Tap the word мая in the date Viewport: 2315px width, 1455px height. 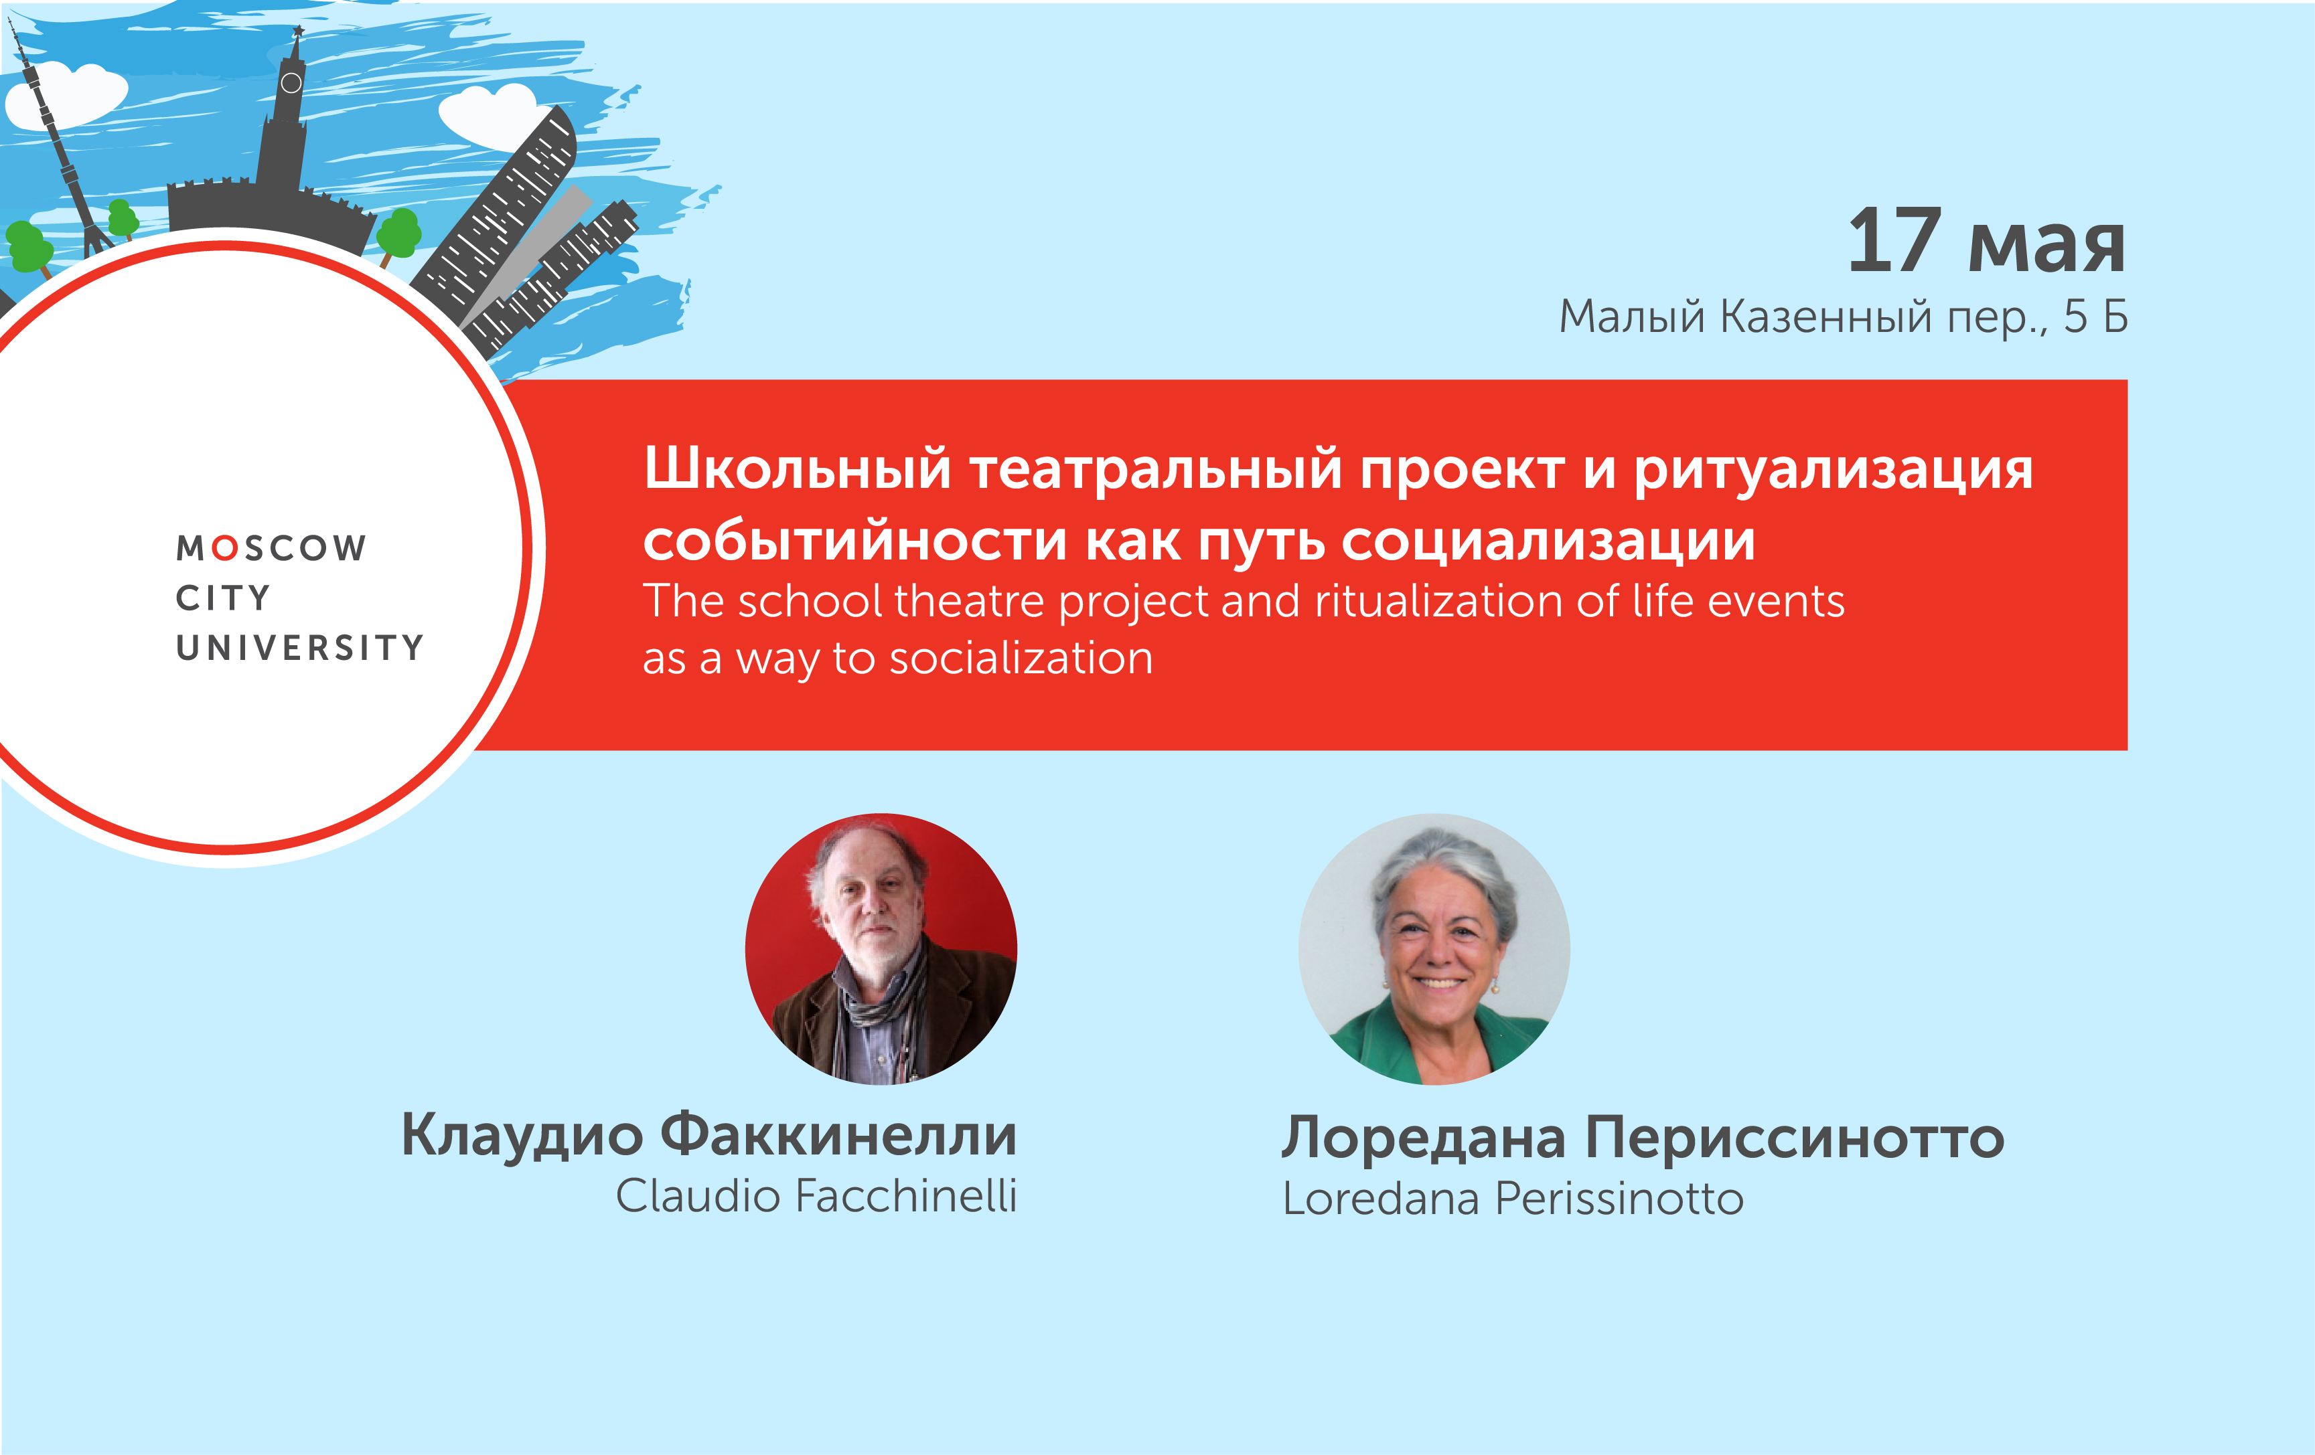[2046, 247]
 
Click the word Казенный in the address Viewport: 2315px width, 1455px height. [1825, 317]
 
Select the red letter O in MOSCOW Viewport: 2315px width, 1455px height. [225, 547]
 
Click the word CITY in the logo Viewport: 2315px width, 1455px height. [223, 598]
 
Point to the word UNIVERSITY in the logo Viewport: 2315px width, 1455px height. [299, 648]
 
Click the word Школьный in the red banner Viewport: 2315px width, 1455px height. [797, 470]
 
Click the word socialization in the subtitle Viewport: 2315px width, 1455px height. [1021, 659]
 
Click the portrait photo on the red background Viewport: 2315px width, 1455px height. [881, 950]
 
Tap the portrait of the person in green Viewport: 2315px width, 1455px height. [1434, 950]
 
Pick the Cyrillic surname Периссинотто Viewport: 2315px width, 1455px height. [1795, 1138]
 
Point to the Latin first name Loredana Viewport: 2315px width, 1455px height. [1381, 1199]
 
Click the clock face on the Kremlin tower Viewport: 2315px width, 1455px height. [291, 84]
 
